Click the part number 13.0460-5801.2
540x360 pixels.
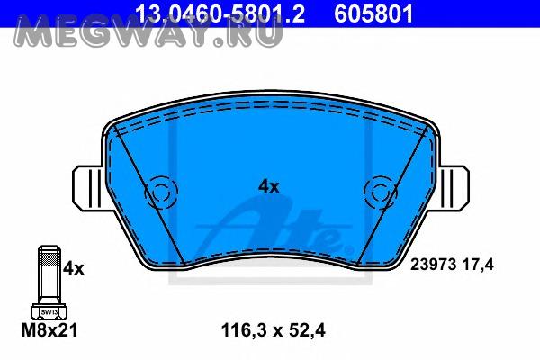click(220, 13)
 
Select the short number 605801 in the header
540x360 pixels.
click(373, 13)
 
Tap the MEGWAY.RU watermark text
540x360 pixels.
click(148, 31)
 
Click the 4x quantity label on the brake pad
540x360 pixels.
click(268, 186)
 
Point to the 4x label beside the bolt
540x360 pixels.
click(74, 268)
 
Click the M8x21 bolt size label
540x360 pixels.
click(49, 330)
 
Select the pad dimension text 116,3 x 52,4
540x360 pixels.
click(273, 330)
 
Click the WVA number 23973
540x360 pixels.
click(433, 265)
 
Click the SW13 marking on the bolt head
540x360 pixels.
click(49, 312)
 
